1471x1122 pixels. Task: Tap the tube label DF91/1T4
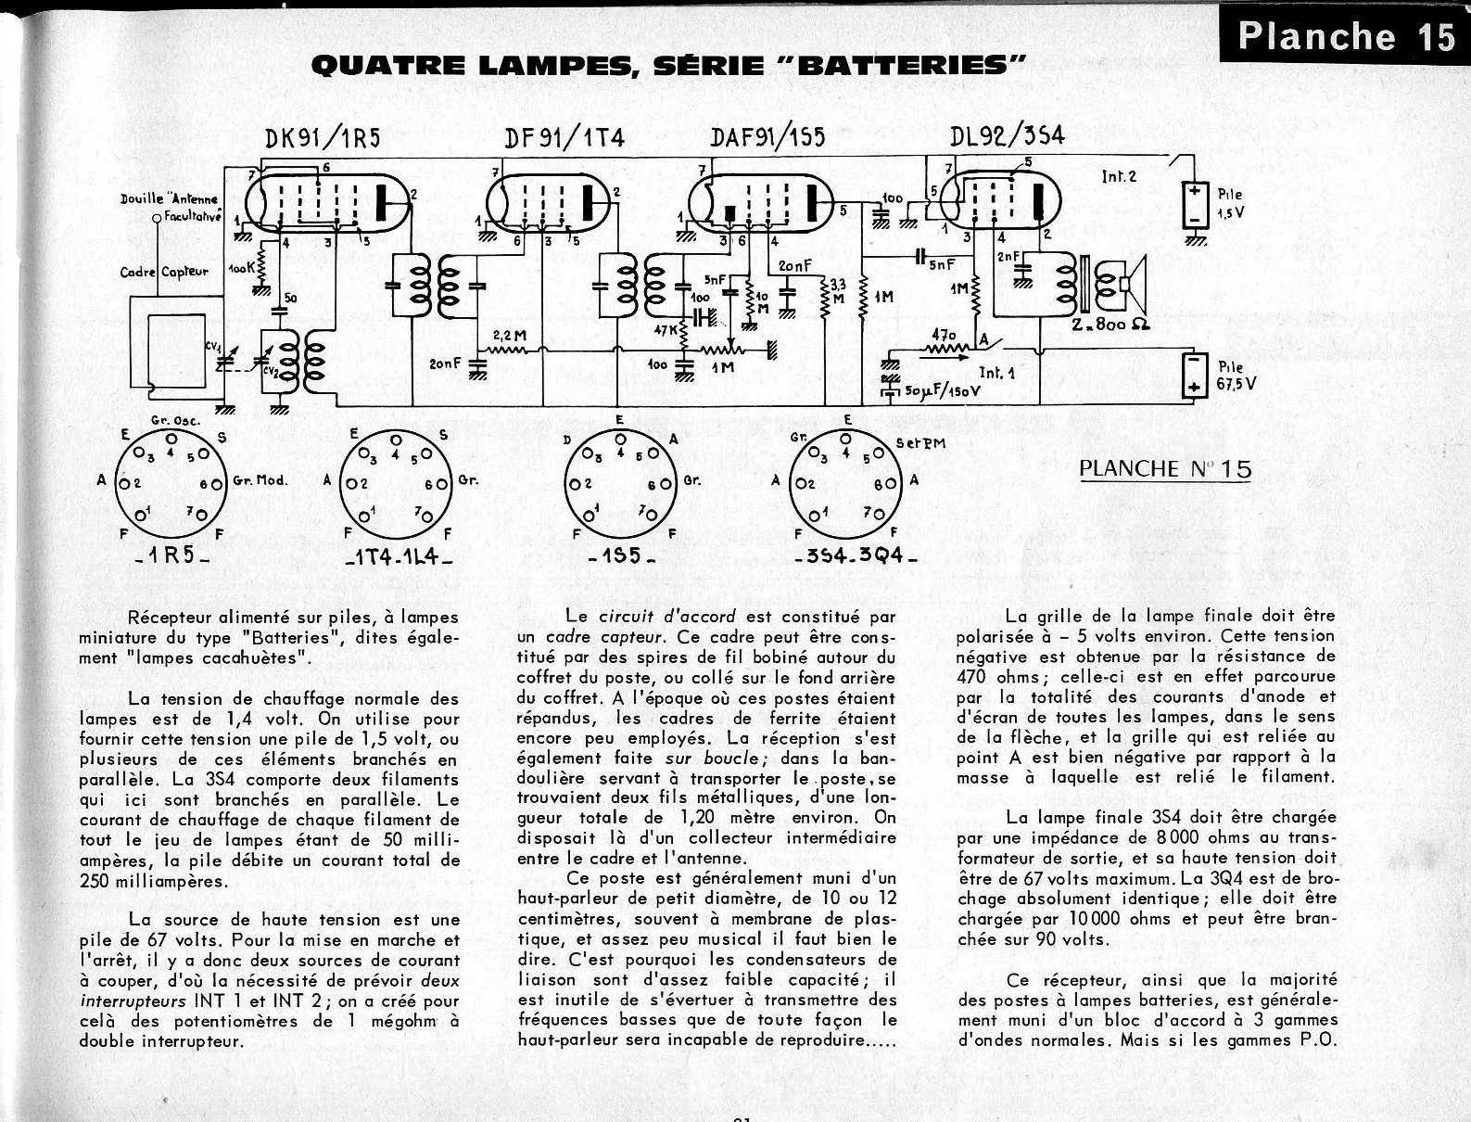click(565, 137)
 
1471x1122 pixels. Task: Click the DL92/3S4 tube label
click(1007, 135)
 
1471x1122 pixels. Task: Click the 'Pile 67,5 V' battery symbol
click(1195, 376)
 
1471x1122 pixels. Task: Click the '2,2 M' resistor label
click(505, 335)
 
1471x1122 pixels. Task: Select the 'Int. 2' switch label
click(1119, 176)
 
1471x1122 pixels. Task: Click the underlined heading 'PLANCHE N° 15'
click(1165, 468)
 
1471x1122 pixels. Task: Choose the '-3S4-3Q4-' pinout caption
click(856, 559)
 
